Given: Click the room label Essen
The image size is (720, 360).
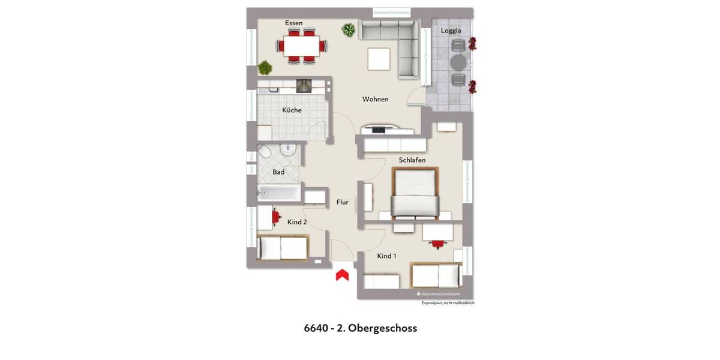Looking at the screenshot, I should pos(294,23).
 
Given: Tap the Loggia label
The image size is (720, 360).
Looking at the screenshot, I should pos(451,31).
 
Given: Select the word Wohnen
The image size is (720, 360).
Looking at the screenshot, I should pos(376,100).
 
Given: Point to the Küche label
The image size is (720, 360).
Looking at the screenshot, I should pos(292,110).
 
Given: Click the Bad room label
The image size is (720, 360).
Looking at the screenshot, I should pos(278,172).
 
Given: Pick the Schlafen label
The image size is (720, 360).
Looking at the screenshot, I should pos(412,160).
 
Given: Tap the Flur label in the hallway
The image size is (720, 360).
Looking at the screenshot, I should pos(343,203).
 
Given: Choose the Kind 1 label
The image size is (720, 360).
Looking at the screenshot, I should pos(386,256).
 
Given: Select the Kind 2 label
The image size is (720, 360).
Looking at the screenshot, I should pos(297,222).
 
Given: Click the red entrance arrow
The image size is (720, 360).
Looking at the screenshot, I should pos(342,275).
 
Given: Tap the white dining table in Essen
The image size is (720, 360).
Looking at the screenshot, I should pos(302,46).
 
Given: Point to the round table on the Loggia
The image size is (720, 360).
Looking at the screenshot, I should pos(458,62).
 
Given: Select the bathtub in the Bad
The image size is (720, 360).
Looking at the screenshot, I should pos(277,193).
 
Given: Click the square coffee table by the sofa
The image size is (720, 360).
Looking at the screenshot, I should pos(379,59).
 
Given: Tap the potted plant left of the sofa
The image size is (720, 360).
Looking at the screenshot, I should pos(348,29).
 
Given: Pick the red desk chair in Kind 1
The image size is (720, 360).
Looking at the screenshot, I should pos(437,244).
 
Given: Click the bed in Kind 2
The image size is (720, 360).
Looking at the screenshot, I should pos(282,248).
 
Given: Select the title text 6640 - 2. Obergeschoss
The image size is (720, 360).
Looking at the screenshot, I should pos(361,328).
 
